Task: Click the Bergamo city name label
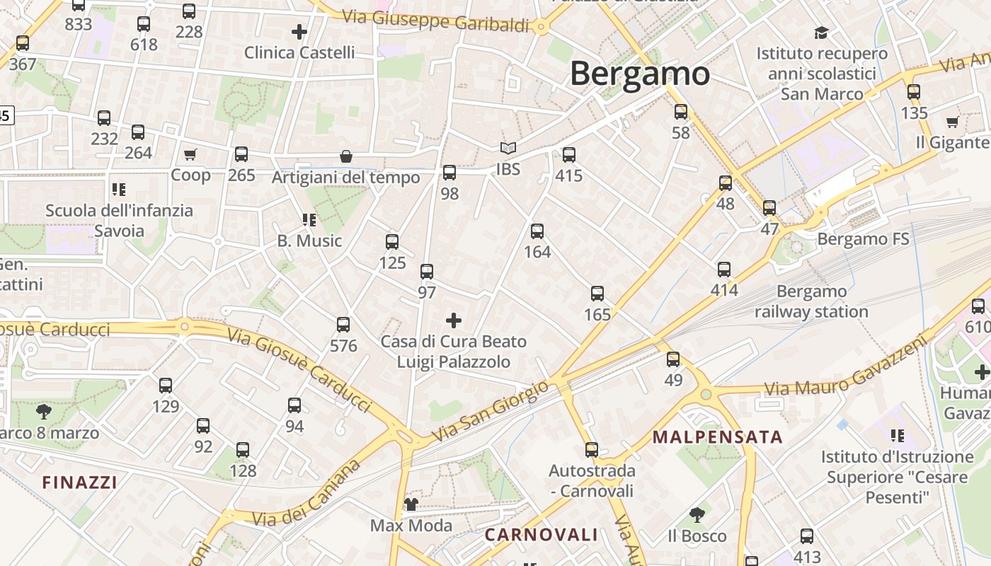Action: pos(639,74)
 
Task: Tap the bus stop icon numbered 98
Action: pos(449,173)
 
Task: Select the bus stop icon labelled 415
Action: pos(569,155)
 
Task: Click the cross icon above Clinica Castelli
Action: pos(299,32)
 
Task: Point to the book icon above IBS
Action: pos(508,149)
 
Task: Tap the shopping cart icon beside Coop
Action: pos(190,154)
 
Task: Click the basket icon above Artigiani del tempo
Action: pos(346,156)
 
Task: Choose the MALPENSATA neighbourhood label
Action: pos(718,437)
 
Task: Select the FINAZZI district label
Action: pos(79,483)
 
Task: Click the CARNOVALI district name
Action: pos(541,535)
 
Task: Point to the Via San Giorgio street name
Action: pos(489,412)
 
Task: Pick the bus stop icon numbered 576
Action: pos(343,325)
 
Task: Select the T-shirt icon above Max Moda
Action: pos(411,504)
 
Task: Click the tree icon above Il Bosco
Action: pos(697,515)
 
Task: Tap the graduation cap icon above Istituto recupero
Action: pos(821,33)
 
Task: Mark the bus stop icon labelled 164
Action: pos(537,231)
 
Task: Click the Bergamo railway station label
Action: pos(811,301)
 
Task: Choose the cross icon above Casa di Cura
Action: pos(454,321)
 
